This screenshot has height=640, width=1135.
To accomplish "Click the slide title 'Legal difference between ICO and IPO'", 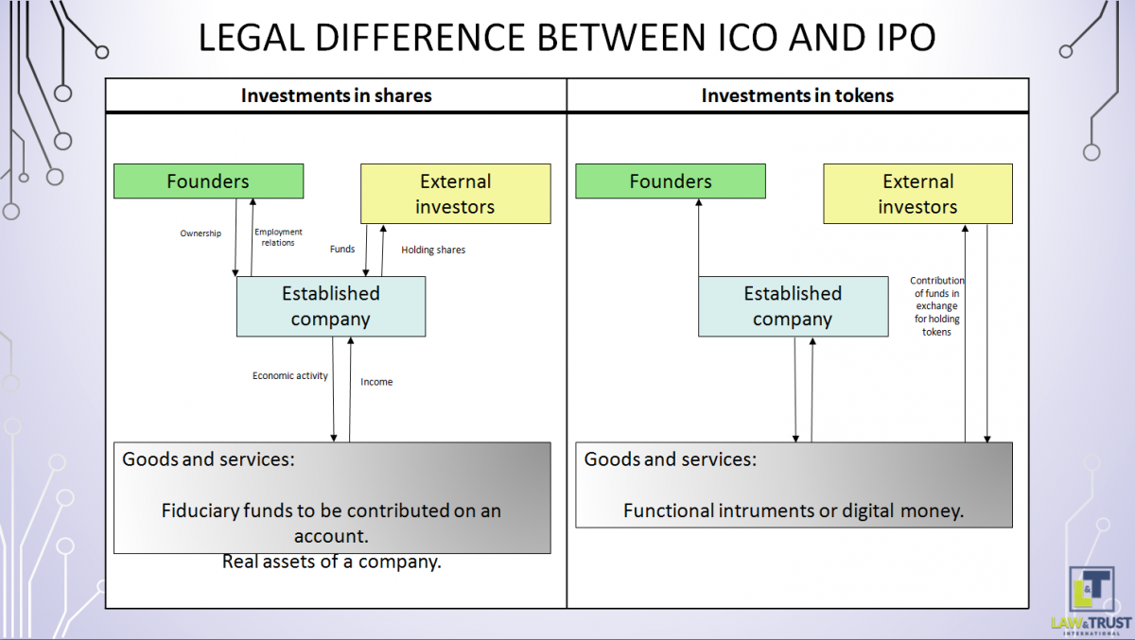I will tap(567, 37).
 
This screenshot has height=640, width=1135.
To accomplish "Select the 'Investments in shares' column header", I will tap(336, 95).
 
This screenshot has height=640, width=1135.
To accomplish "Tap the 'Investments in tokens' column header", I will tap(797, 95).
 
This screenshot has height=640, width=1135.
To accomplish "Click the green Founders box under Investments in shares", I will tap(208, 182).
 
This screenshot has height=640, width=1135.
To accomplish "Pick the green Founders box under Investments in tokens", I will tap(670, 182).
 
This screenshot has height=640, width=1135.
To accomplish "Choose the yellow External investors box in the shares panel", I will tap(455, 194).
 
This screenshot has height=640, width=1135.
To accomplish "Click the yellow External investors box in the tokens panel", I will tap(917, 194).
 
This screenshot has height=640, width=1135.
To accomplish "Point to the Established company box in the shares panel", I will tap(330, 306).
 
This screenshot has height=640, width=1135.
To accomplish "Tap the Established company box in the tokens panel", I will tap(793, 306).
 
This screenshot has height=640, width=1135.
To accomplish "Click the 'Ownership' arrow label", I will tap(201, 234).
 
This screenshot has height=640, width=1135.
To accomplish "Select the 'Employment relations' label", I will tap(278, 237).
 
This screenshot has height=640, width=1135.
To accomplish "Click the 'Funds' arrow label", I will tap(342, 250).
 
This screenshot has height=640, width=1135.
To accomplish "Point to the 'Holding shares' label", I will tap(433, 251).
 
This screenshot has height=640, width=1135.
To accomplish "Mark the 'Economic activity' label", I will tap(290, 376).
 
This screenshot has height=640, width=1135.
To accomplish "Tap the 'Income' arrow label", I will tap(376, 382).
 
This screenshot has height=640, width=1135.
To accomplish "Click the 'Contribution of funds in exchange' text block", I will tap(936, 306).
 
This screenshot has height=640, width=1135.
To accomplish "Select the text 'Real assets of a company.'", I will tap(332, 562).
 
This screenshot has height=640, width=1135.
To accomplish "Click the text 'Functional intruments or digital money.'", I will tap(793, 511).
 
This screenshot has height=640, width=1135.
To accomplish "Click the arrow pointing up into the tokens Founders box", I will tap(699, 236).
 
